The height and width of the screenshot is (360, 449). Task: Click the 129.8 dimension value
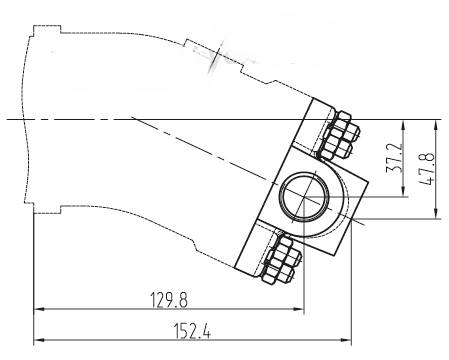169,300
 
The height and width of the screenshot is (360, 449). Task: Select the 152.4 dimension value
192,331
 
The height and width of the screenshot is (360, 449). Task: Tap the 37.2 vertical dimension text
393,158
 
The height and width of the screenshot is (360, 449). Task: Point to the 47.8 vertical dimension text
426,168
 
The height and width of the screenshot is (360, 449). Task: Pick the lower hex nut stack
281,259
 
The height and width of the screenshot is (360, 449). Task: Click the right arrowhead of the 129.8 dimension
299,309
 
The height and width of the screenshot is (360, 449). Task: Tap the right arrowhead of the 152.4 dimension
346,340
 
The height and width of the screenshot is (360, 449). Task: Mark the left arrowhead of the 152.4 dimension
39,340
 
